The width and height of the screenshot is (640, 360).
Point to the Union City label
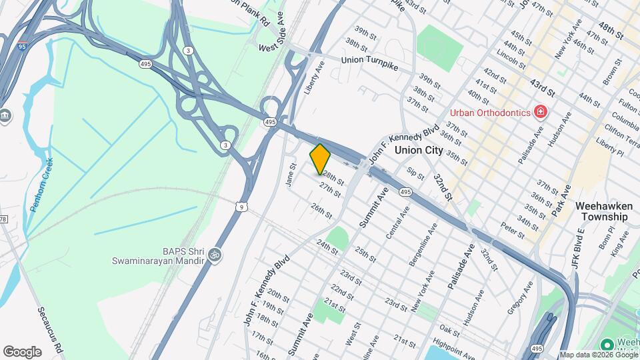pos(418,150)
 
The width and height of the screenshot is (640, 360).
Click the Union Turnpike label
pos(373,60)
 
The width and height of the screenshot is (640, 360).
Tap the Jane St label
pos(291,175)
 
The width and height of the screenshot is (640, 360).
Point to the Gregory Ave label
pos(521,297)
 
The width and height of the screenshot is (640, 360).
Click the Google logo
pos(22,351)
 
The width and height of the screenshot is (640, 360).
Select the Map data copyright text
pos(598,355)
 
